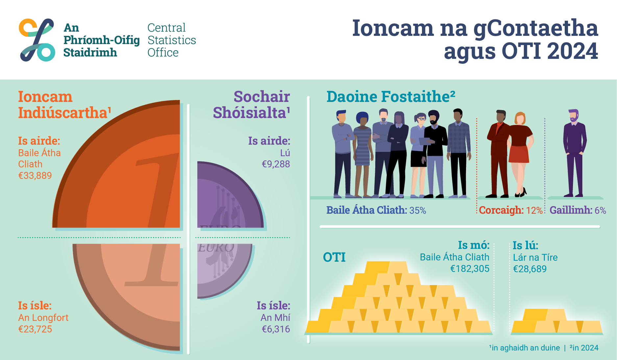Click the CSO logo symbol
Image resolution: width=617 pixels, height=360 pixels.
(x=37, y=40)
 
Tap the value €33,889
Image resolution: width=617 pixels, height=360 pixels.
(x=35, y=176)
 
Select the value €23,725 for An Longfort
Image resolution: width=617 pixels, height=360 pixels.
(x=35, y=329)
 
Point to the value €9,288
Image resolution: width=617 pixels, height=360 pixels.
(x=276, y=164)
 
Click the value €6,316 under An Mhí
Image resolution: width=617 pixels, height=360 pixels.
(x=276, y=329)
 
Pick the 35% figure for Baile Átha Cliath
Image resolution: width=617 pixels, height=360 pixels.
(x=418, y=210)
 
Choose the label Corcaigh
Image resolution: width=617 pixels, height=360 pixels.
(x=501, y=210)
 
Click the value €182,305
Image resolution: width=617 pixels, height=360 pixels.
(x=470, y=269)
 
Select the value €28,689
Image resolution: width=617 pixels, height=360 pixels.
(x=530, y=269)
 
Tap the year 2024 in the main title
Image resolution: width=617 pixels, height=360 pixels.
(x=573, y=51)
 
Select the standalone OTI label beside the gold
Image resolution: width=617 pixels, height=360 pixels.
(x=334, y=257)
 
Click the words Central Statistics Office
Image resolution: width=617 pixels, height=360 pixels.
(x=171, y=40)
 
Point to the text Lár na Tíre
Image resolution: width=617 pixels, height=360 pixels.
(x=535, y=257)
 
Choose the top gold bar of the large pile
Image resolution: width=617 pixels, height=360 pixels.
(x=386, y=267)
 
